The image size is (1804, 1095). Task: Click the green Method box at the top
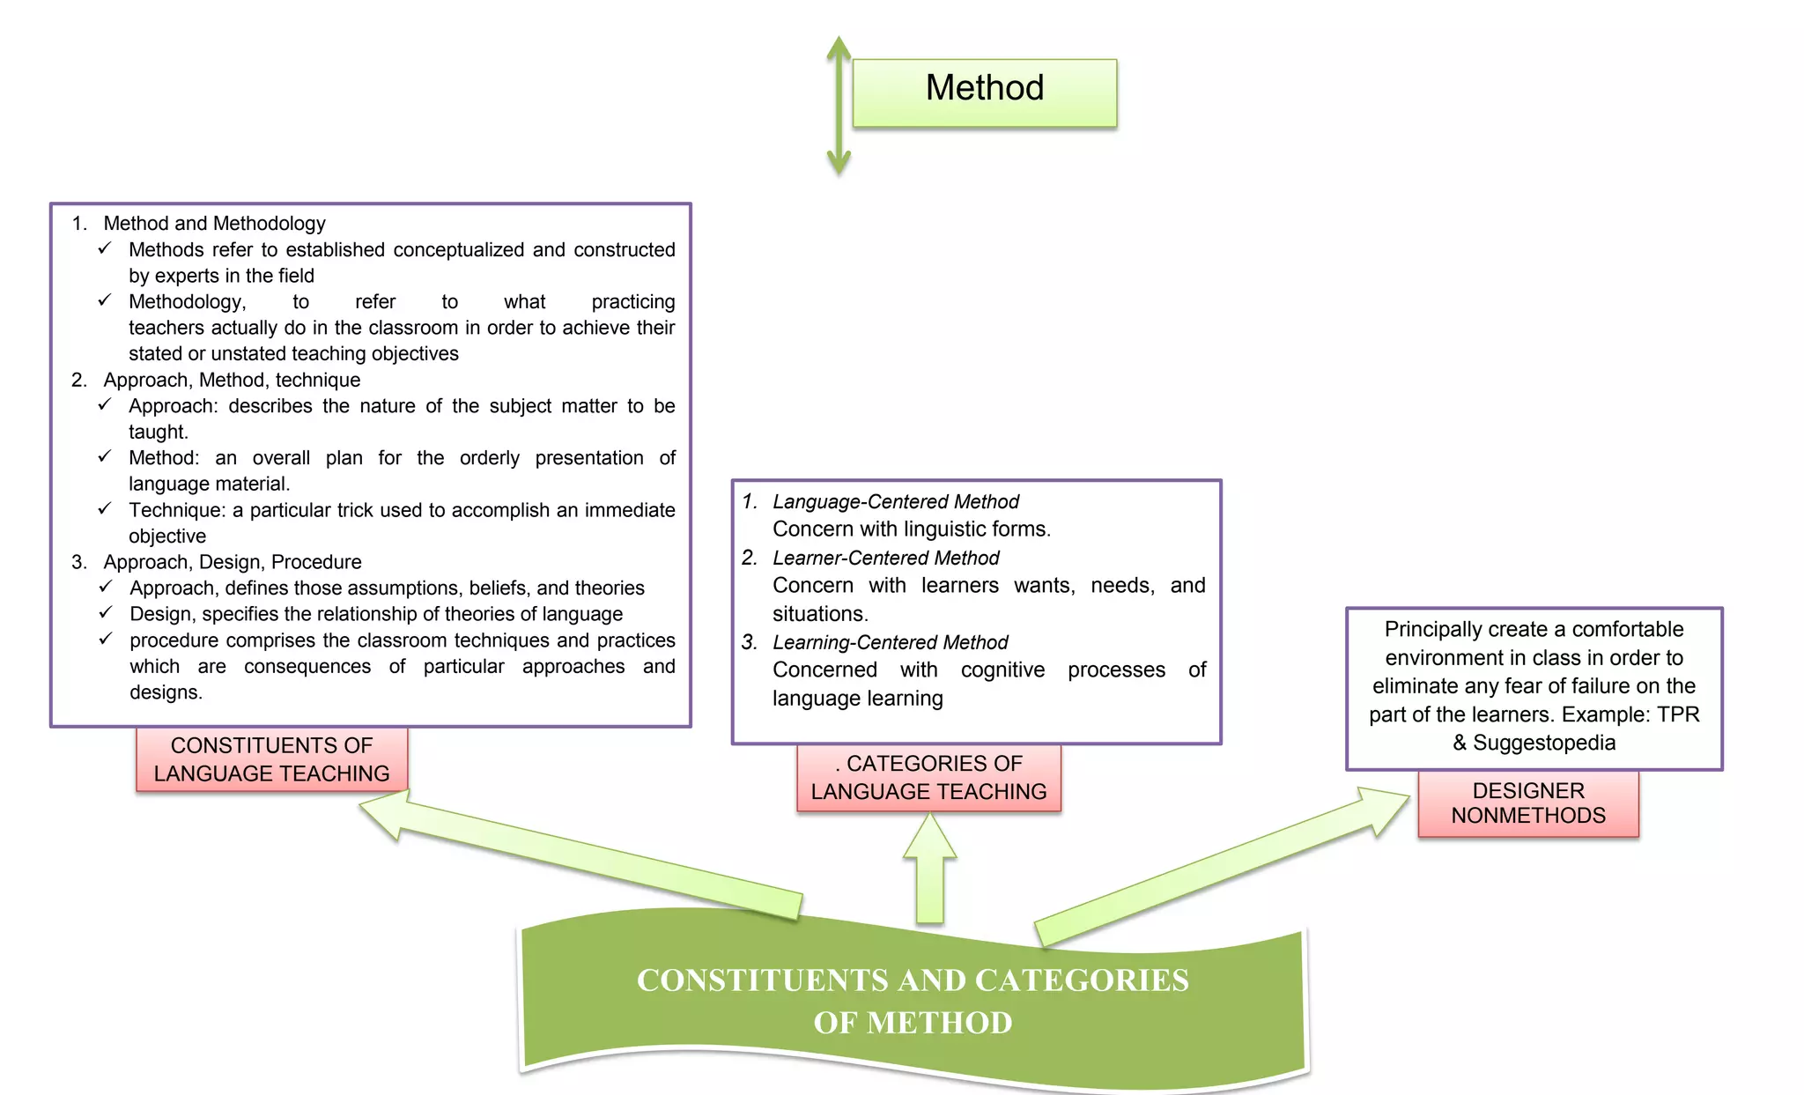coord(984,92)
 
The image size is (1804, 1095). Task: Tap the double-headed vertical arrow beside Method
coord(839,106)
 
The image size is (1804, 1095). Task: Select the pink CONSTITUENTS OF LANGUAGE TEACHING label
coord(271,759)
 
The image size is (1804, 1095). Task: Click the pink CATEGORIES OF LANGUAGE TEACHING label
coord(928,778)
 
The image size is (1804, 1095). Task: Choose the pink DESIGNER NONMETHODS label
coord(1528,803)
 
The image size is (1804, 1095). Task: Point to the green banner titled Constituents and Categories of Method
coord(913,1001)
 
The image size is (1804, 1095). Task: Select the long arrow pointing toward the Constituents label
coord(581,855)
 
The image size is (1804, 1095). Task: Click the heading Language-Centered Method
coord(895,502)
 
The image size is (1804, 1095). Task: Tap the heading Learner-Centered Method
coord(885,559)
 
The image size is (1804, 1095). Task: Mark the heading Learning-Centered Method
coord(890,643)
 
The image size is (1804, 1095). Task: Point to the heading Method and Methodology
coord(214,224)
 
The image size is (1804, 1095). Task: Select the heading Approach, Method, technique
coord(232,381)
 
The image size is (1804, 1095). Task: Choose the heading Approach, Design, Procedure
coord(233,562)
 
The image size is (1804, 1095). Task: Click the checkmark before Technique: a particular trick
coord(105,509)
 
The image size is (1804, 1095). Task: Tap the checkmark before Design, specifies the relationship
coord(106,612)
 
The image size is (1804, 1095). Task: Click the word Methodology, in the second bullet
coord(187,302)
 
